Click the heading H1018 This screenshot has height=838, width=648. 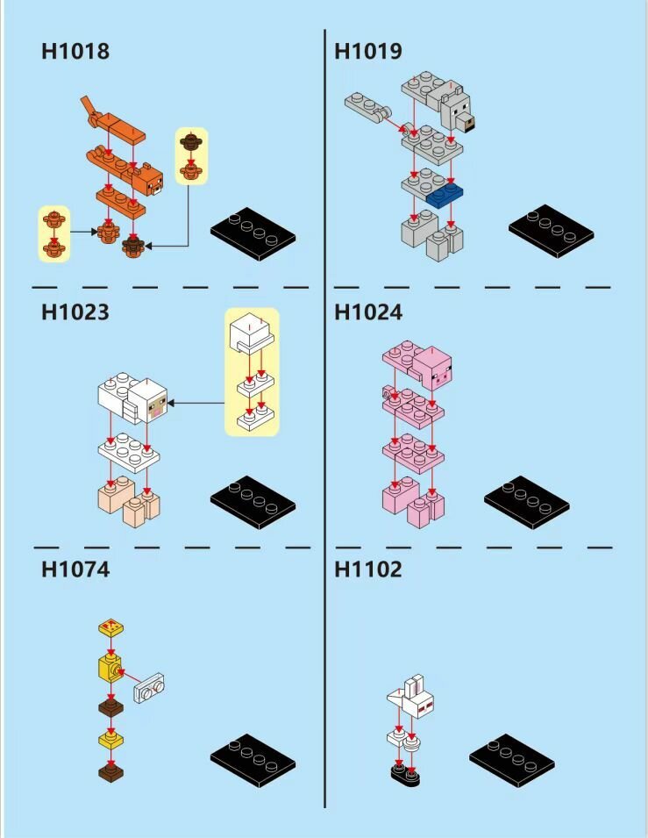tap(75, 51)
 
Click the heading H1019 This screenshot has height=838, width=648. tap(368, 51)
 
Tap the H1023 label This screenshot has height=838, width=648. tap(75, 312)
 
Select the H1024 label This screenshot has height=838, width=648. tap(368, 312)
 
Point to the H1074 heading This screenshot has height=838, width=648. tap(75, 569)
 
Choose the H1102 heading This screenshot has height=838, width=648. tap(368, 569)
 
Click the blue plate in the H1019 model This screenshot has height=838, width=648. tap(445, 196)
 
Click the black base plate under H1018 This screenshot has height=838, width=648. tap(253, 233)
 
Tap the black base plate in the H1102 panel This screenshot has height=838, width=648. tap(512, 760)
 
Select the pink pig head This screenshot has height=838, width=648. tap(434, 369)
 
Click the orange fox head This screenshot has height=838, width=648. tap(149, 180)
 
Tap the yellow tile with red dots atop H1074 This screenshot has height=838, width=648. tap(111, 626)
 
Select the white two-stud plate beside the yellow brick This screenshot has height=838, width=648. tap(149, 688)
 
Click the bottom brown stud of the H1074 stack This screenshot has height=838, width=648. tap(111, 772)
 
